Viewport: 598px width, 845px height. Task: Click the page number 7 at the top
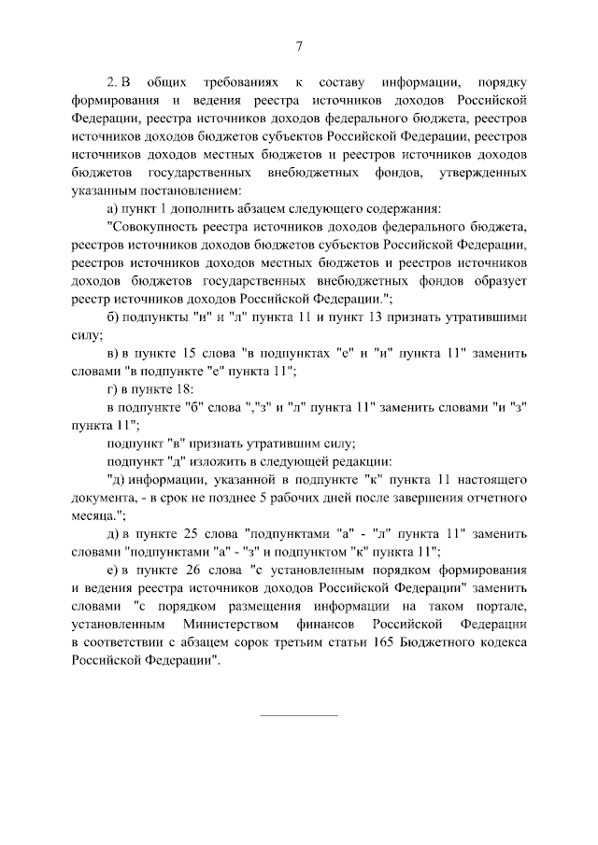click(299, 49)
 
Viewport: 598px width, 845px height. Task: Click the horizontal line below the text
click(299, 715)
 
